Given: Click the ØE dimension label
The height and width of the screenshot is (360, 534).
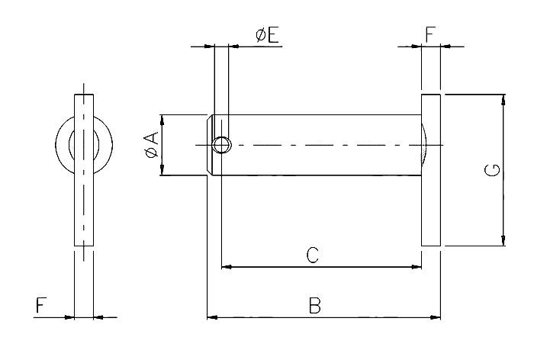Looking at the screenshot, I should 267,34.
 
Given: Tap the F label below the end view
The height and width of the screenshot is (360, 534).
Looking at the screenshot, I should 41,306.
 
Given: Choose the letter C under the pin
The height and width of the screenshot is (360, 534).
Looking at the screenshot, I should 312,256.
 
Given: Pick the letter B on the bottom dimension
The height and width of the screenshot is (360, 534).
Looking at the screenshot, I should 314,305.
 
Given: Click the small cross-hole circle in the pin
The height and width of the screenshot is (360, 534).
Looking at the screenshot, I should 222,145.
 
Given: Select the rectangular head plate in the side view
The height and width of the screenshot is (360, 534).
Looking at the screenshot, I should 431,170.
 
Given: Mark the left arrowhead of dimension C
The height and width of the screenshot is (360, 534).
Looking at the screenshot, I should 226,267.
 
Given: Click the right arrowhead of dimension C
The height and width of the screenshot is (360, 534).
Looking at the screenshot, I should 417,267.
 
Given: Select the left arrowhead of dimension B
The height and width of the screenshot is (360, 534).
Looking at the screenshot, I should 212,316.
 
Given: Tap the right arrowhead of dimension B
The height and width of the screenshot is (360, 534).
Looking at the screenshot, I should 436,316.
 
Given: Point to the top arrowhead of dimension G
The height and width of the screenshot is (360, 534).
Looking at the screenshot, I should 503,99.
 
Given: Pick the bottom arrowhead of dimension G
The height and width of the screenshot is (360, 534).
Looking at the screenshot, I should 503,241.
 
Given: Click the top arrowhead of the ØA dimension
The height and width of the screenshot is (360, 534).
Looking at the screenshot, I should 161,120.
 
